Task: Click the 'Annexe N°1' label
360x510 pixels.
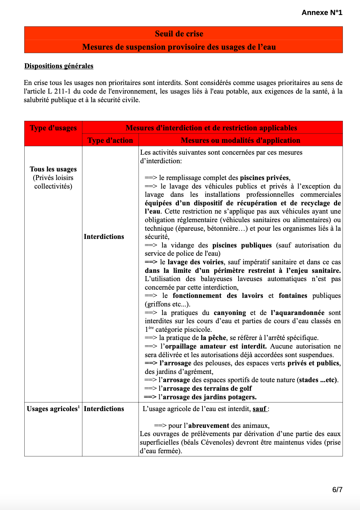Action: tap(322, 12)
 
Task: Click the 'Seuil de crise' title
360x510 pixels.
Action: tap(179, 34)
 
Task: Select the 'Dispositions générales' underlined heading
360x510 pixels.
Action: tap(59, 66)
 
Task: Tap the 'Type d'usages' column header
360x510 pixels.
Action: tap(53, 128)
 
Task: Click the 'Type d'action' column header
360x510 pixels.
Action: tap(110, 140)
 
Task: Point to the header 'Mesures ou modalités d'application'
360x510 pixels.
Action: tap(240, 140)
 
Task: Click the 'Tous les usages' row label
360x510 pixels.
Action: tap(53, 169)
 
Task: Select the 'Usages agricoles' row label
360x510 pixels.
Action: tap(52, 409)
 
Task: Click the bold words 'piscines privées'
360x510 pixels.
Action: tap(265, 178)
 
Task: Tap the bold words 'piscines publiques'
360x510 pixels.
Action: tap(242, 245)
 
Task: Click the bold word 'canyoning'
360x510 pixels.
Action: tap(230, 312)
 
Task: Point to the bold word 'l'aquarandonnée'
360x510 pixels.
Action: tap(297, 312)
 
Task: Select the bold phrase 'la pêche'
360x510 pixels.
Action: tap(213, 337)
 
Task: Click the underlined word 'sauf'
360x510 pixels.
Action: tap(260, 409)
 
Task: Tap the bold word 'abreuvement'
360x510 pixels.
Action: tap(209, 425)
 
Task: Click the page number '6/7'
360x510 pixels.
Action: tap(337, 489)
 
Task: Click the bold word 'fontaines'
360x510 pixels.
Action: tap(293, 295)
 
